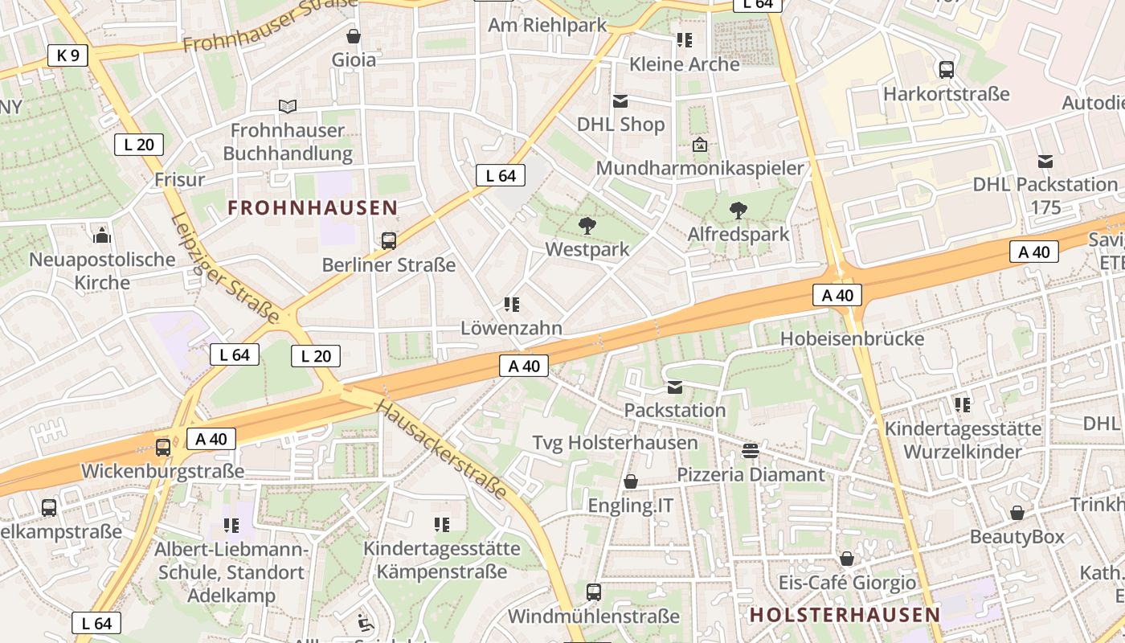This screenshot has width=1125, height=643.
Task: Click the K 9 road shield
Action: tap(67, 55)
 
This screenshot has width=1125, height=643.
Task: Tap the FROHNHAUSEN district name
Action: tap(313, 208)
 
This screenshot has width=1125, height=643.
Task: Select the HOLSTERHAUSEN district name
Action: tap(845, 615)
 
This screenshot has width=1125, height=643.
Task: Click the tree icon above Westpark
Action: tap(587, 226)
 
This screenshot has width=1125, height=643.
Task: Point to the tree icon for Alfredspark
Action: tap(738, 211)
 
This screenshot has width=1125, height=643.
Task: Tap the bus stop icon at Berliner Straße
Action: tap(389, 240)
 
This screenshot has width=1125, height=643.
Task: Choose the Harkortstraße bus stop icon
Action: tap(947, 70)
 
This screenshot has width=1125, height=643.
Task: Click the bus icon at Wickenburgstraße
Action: tap(163, 447)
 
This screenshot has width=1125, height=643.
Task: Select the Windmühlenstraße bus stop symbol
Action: tap(594, 592)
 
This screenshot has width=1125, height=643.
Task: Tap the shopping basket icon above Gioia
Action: tap(354, 36)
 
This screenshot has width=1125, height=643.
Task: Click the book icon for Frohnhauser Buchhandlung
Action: tap(287, 106)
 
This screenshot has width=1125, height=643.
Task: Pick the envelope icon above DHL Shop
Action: tap(620, 101)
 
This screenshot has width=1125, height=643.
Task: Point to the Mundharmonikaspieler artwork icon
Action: tap(700, 145)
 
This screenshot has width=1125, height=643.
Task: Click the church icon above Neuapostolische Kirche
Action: tap(102, 235)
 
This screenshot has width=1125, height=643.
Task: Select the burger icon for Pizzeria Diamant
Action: tap(751, 451)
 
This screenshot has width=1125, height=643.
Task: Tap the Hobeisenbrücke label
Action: tap(852, 338)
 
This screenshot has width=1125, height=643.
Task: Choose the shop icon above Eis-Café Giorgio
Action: tap(847, 559)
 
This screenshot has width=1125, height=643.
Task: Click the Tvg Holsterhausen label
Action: tap(615, 443)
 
